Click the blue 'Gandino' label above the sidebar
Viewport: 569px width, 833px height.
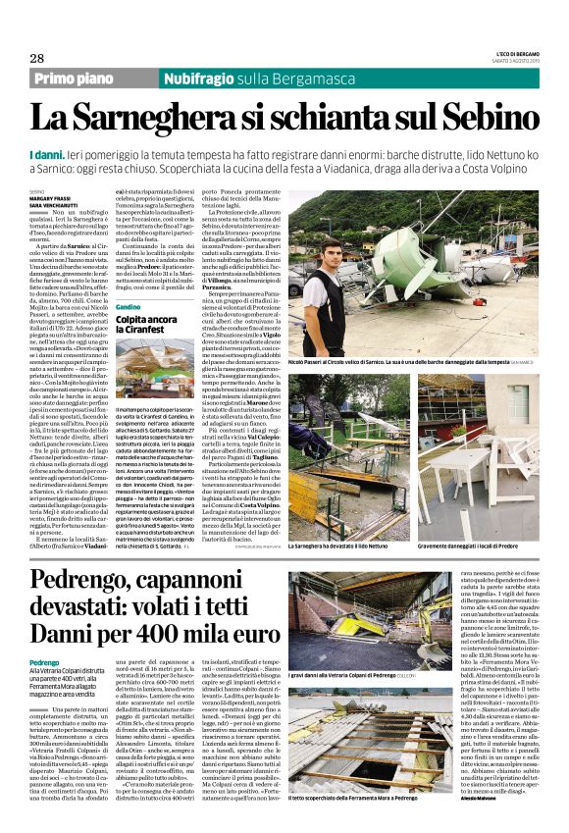tap(129, 308)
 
